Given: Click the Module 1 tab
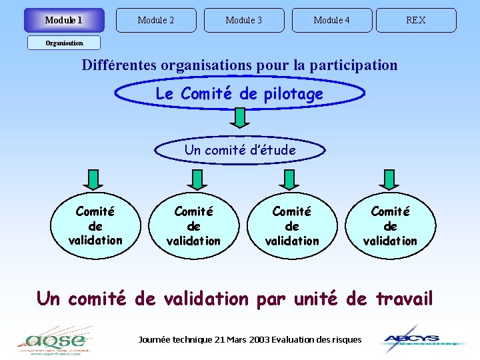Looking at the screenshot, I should point(64,20).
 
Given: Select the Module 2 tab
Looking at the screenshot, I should point(156,20).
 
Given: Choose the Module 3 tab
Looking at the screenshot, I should point(244,20).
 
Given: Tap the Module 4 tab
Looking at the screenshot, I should point(332,20).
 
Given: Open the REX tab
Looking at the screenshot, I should point(416,20).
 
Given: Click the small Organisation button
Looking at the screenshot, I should point(64,43).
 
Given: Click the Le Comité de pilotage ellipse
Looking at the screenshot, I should point(239,94).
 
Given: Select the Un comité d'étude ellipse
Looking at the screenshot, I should point(240,150).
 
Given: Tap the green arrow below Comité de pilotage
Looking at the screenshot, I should point(239,118).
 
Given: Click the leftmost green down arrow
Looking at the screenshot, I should point(94,179).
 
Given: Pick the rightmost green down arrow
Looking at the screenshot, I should point(389,179).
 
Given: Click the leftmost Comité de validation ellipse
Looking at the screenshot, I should point(95,225).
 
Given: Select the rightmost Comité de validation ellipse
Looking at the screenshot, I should point(390,225).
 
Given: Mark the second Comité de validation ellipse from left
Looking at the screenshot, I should point(194,225).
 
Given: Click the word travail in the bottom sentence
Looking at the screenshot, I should point(404,298).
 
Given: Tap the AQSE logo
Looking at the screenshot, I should point(53,339).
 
